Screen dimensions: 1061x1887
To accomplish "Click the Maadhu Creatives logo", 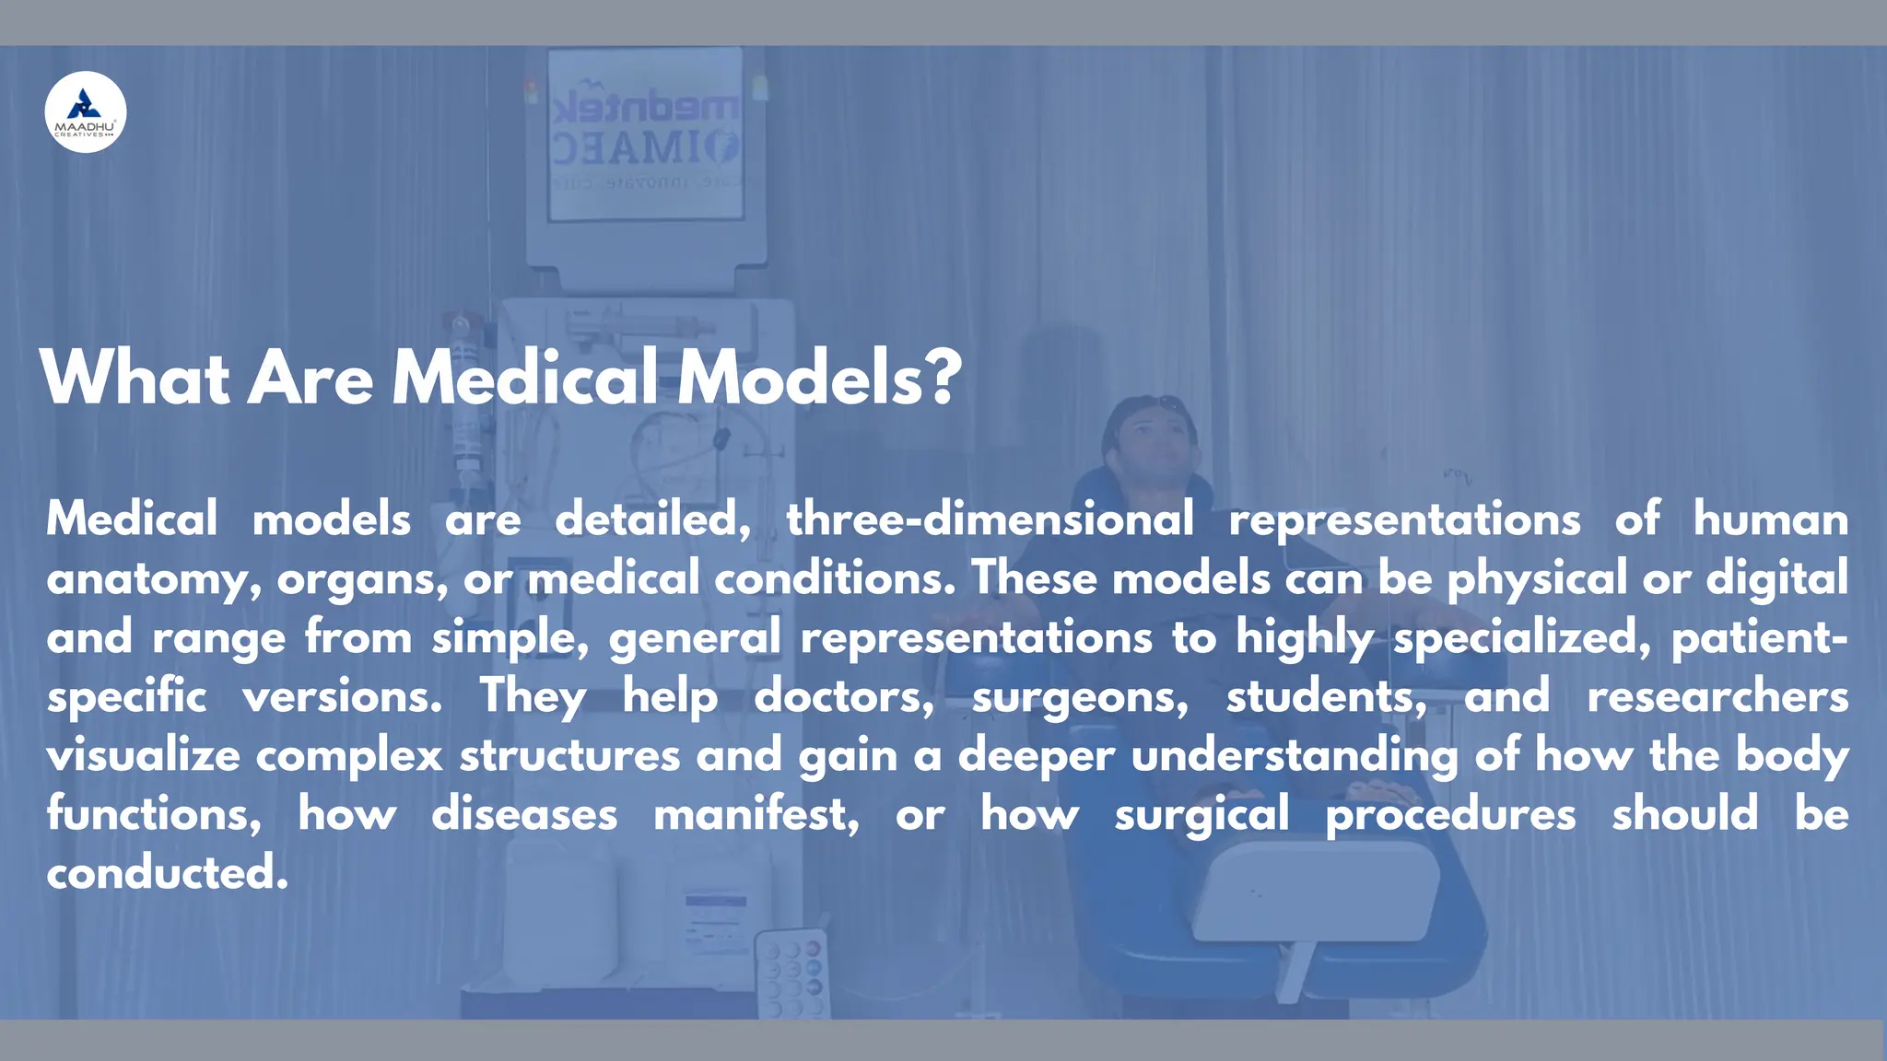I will tap(86, 111).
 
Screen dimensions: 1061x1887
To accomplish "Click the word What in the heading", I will tap(135, 378).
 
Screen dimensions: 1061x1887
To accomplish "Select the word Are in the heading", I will tap(311, 378).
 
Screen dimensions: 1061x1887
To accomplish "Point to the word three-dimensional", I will tap(990, 519).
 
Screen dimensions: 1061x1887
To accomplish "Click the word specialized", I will tap(1521, 638).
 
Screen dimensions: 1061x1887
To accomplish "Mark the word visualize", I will tap(144, 755).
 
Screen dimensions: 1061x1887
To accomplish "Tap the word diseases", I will tap(524, 814).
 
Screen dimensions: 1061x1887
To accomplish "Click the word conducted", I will tap(167, 872).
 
